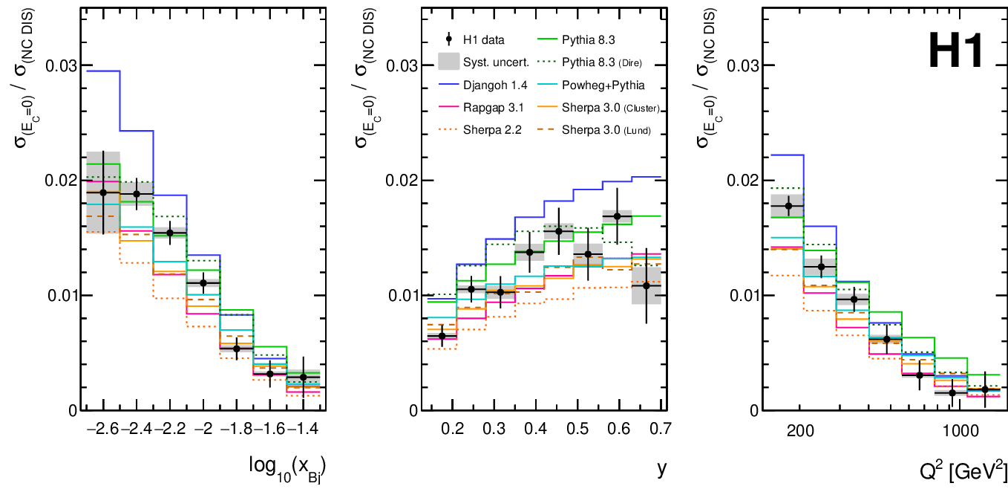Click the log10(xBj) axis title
[288, 466]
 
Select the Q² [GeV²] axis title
[959, 469]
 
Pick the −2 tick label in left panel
[202, 429]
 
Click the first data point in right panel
[788, 206]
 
